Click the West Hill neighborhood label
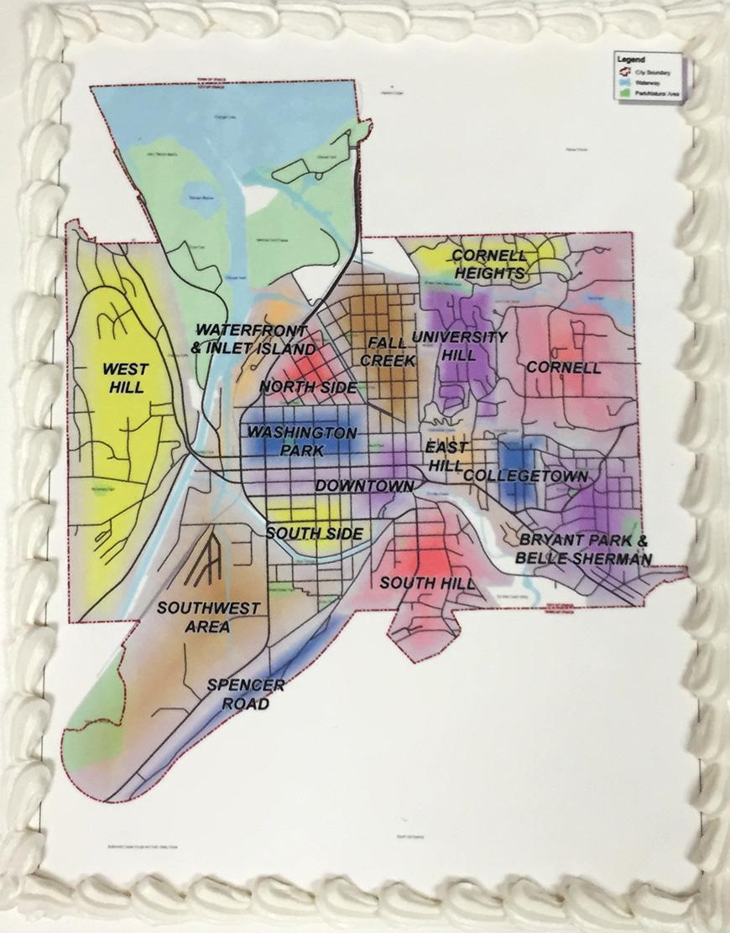[124, 378]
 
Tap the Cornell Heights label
[490, 264]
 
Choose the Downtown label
[365, 486]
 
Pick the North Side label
[308, 387]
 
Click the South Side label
[315, 534]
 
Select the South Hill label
[427, 582]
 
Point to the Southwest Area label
[197, 617]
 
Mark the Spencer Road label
[246, 695]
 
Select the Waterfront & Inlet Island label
[255, 339]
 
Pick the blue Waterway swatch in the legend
[624, 82]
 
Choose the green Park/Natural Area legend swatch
[624, 93]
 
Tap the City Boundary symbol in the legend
[624, 71]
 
